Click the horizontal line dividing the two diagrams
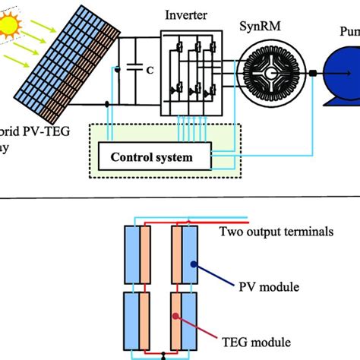tap(180, 198)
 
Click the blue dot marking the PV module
tap(195, 265)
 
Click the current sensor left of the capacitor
tap(115, 70)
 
